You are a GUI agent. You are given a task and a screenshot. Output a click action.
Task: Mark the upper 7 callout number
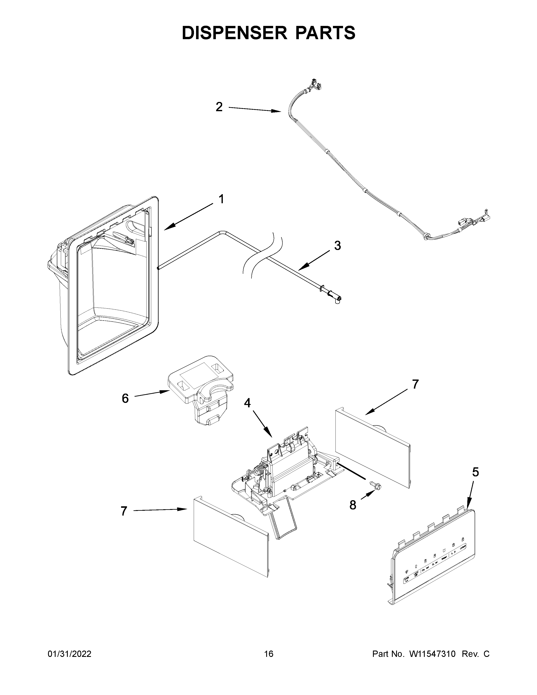415,384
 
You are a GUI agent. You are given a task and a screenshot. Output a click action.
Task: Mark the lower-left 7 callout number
124,511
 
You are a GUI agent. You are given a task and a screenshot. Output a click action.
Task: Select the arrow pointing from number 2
255,110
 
